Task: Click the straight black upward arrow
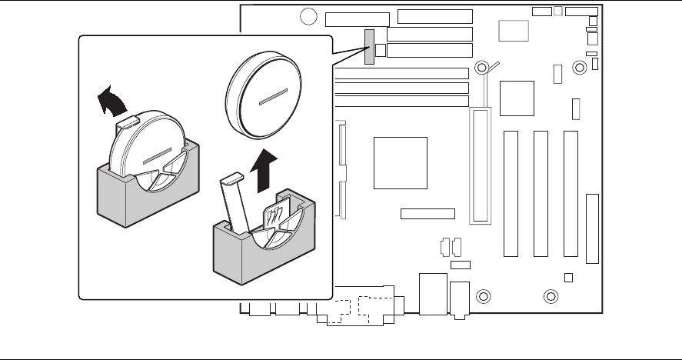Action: coord(263,170)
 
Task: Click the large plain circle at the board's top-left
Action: coord(308,16)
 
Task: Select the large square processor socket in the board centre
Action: coord(400,162)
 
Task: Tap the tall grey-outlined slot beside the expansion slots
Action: coord(481,165)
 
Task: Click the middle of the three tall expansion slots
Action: coord(540,194)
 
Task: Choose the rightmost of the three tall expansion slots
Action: coord(570,194)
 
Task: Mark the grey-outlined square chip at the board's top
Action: coord(514,30)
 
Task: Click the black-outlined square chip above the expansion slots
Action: coord(517,96)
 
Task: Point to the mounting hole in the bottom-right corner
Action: coord(551,296)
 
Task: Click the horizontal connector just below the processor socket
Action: coord(427,213)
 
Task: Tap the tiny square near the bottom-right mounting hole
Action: coord(568,277)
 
